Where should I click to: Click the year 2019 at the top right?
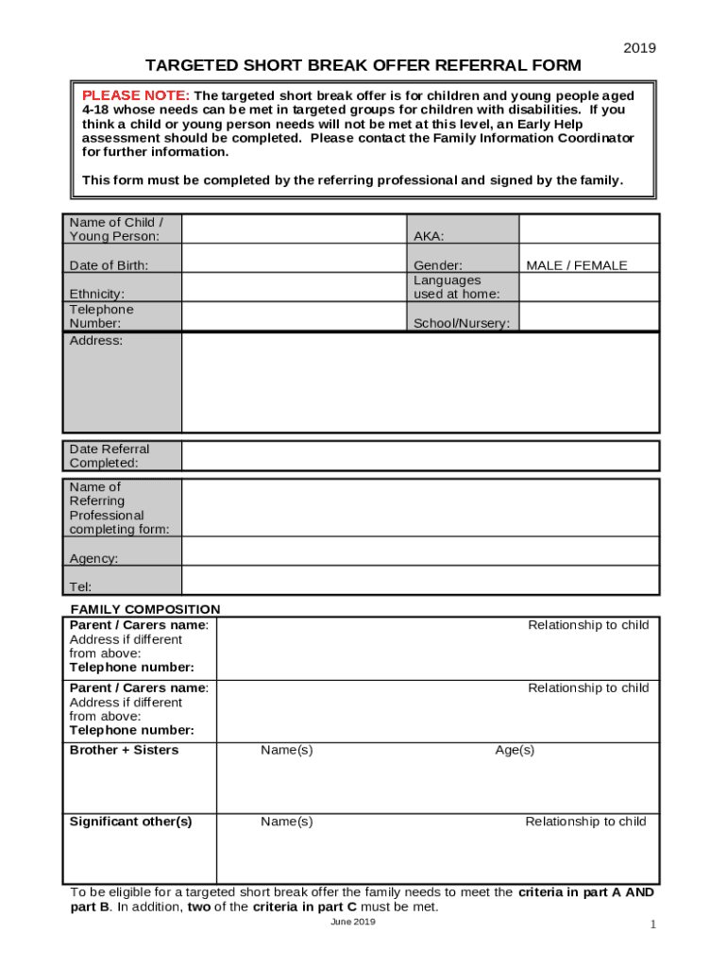[639, 48]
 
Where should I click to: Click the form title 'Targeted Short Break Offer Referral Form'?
[363, 65]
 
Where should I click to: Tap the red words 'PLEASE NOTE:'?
[136, 96]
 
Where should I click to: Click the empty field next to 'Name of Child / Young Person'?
[293, 229]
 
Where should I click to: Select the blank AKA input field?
[588, 229]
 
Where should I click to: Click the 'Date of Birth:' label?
[109, 266]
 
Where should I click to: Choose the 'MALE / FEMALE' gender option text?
[576, 266]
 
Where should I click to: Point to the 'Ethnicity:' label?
[96, 295]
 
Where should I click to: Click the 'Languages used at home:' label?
[456, 287]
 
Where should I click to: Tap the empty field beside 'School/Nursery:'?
[588, 316]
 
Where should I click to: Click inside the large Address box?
[419, 382]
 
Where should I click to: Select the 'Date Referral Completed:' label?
[109, 456]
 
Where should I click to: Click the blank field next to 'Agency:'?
[419, 551]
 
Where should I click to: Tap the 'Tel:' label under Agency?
[80, 586]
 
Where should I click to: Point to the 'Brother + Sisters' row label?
[124, 751]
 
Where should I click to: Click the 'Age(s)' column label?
[515, 751]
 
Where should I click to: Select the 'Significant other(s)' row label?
[130, 822]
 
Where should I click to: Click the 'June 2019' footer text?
[353, 923]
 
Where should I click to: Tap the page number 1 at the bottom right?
[651, 925]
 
